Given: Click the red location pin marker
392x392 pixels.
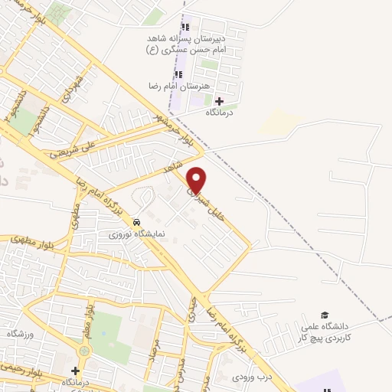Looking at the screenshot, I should [197, 179].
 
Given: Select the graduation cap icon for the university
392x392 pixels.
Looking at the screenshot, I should [324, 315].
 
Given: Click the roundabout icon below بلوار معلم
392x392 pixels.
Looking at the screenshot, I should [83, 351].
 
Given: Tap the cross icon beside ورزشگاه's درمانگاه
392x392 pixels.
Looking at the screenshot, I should [74, 371].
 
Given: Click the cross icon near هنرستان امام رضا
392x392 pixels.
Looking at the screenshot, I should [220, 101].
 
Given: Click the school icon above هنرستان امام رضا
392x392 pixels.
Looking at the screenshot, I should [178, 74].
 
